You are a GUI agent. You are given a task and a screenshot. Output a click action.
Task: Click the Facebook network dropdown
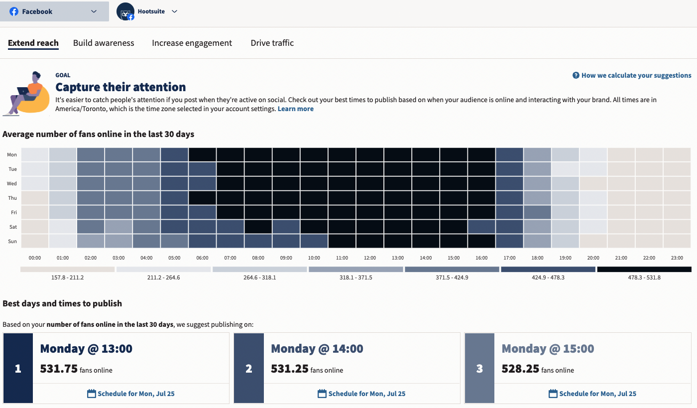(x=54, y=11)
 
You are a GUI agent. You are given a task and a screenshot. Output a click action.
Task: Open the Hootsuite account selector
(x=147, y=11)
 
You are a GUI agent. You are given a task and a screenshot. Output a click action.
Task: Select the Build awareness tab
(x=104, y=43)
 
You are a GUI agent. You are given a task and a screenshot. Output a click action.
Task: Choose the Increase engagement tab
(x=192, y=43)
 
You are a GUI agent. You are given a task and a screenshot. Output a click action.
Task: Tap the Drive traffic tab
(x=272, y=43)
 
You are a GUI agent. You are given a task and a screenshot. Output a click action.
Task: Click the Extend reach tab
(x=33, y=43)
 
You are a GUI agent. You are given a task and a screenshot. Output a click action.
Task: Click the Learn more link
(x=295, y=109)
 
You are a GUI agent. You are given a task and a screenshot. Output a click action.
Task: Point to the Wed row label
(x=12, y=184)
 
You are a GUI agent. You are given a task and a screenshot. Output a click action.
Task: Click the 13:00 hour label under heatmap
(x=397, y=258)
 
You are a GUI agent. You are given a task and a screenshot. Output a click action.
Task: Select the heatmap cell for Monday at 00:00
(x=35, y=155)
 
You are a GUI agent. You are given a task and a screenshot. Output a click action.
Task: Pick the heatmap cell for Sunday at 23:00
(x=677, y=241)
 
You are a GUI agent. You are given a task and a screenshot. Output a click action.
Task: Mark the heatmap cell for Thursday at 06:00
(x=202, y=198)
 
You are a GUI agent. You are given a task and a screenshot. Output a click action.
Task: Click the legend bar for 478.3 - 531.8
(x=644, y=269)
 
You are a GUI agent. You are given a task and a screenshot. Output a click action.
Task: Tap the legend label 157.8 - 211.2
(x=67, y=277)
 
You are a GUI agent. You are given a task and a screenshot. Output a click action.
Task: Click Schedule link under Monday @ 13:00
(x=131, y=394)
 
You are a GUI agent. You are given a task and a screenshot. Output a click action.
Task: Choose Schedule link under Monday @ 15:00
(x=592, y=394)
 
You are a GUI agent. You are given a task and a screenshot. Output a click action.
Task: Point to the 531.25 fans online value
(x=289, y=369)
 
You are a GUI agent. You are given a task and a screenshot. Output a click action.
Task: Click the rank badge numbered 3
(x=479, y=369)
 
